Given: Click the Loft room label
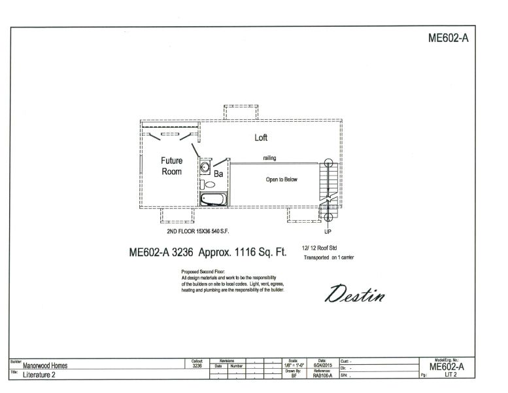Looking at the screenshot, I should coord(261,138).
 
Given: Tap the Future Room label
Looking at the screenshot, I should coord(172,166).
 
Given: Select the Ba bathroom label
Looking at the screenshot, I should coord(219,174).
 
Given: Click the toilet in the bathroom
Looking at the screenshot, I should coord(209,185).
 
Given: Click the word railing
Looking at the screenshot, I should coord(269,158).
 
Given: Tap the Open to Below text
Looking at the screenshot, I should coord(281,179).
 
